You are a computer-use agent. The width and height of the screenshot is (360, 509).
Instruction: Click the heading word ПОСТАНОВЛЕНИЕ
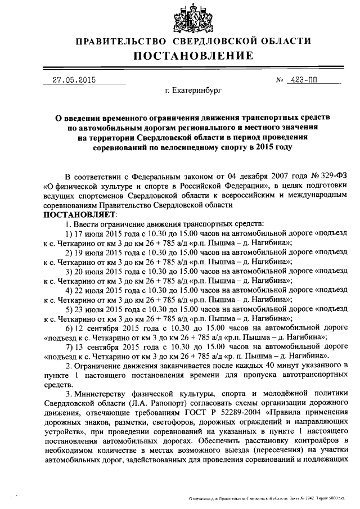193,56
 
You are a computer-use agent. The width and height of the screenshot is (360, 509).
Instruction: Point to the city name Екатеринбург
193,90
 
